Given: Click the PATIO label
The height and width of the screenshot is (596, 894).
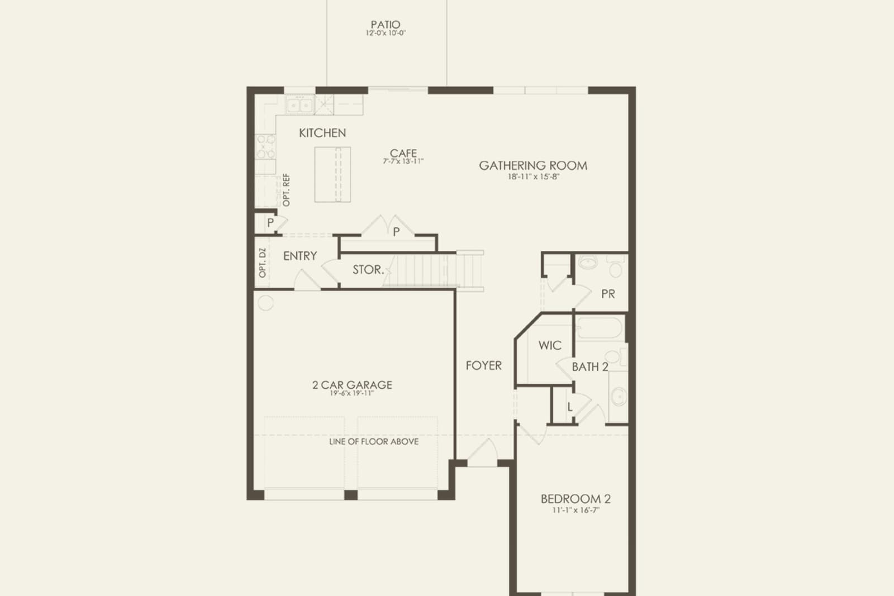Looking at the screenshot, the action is click(385, 25).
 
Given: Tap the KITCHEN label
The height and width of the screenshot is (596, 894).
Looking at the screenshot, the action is click(322, 133).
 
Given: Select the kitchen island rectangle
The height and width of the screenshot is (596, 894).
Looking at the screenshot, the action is click(332, 175).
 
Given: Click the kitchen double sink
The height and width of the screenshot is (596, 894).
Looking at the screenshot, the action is click(299, 106).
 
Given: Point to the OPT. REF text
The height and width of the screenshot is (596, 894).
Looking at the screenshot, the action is click(286, 190).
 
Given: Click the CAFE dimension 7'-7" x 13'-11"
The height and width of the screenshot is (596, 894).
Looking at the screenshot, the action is click(403, 161).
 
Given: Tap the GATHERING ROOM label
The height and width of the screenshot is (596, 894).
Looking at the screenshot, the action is click(533, 165).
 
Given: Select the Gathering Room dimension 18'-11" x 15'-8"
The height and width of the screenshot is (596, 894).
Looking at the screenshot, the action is click(534, 177).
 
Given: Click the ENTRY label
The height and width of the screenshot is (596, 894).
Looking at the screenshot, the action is click(300, 256).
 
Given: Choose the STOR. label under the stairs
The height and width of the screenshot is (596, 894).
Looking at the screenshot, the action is click(368, 270).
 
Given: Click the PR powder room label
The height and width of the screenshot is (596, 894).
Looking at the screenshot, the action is click(608, 294).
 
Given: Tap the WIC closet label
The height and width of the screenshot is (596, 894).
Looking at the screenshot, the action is click(550, 345).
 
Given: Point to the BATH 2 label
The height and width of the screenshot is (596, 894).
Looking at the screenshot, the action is click(590, 367).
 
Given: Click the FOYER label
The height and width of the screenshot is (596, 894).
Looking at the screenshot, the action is click(484, 365).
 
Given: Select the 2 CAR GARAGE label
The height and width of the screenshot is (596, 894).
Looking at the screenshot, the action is click(352, 385).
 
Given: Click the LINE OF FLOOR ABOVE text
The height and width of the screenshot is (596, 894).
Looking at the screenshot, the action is click(374, 442).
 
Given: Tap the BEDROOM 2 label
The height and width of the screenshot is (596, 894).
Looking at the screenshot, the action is click(576, 499).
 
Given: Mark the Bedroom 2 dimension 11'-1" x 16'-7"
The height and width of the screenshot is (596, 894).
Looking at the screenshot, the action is click(576, 510).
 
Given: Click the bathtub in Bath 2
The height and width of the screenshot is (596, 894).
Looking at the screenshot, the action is click(600, 328).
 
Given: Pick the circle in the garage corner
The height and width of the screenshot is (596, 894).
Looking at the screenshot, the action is click(266, 303).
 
